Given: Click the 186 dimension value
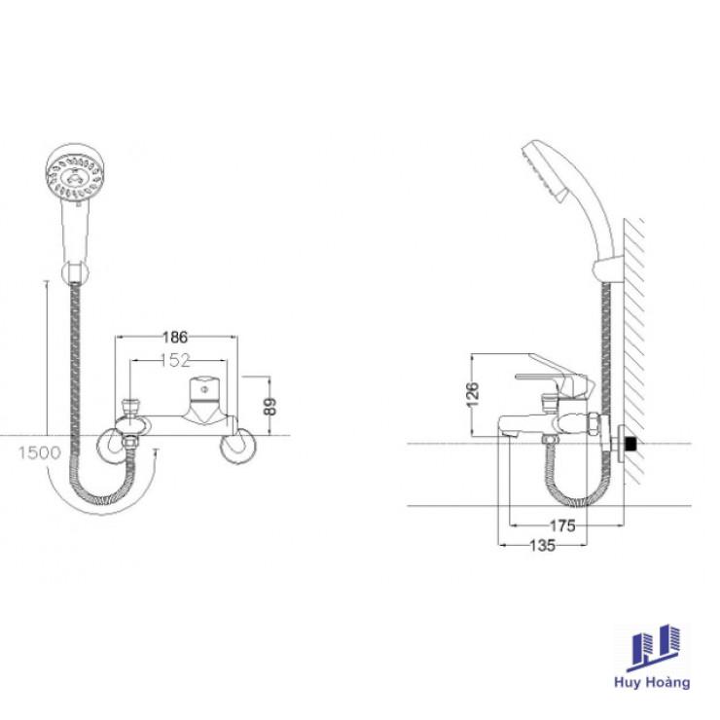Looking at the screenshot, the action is tap(175, 338).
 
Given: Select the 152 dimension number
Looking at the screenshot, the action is tap(175, 360).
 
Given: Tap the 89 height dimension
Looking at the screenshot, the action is tap(270, 406).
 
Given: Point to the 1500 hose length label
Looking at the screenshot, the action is tap(40, 453).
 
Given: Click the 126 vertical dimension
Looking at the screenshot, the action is tap(473, 394).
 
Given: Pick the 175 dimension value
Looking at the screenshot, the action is tap(562, 525).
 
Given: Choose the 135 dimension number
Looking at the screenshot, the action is tap(543, 546).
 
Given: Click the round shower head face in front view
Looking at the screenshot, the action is tap(74, 172).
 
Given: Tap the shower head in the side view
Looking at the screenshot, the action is tap(548, 169).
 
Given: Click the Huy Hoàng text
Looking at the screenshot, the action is tap(652, 682).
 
